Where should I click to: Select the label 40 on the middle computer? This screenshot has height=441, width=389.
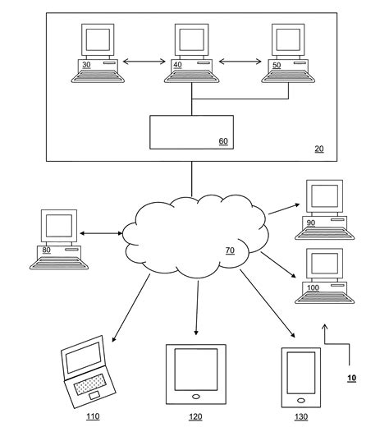coord(177,64)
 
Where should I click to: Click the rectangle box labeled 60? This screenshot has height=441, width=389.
coord(191,131)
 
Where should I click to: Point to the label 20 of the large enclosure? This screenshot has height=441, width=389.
coord(319,149)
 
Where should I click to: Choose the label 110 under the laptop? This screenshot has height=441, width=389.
coord(93,417)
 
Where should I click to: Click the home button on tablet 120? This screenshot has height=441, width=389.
coord(195,397)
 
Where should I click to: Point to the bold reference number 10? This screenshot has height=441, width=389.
coord(351,379)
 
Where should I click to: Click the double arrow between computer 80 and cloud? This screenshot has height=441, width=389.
coord(101,234)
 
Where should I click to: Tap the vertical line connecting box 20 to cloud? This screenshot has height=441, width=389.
coord(191,177)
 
